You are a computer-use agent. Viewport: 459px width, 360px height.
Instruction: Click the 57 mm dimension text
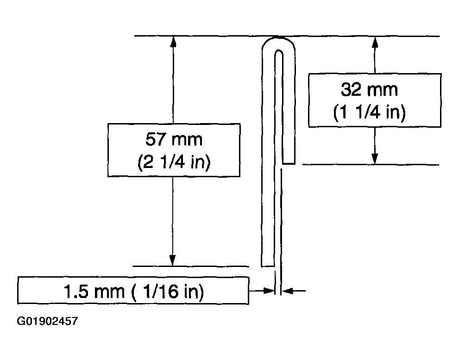coord(174,139)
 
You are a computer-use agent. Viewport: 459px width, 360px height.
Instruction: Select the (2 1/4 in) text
coord(174,161)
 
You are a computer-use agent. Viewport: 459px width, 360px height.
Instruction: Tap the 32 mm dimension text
coord(370,89)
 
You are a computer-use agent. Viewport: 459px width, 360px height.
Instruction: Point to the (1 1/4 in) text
coord(370,112)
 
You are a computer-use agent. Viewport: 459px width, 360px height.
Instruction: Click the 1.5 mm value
coord(94,292)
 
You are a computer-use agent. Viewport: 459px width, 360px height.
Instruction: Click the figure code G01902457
coord(47,321)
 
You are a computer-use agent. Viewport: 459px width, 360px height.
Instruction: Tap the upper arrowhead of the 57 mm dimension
coord(173,42)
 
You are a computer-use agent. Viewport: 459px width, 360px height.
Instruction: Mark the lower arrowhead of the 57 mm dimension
coord(172,260)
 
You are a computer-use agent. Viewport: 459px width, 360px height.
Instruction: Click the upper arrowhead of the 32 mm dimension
coord(375,42)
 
